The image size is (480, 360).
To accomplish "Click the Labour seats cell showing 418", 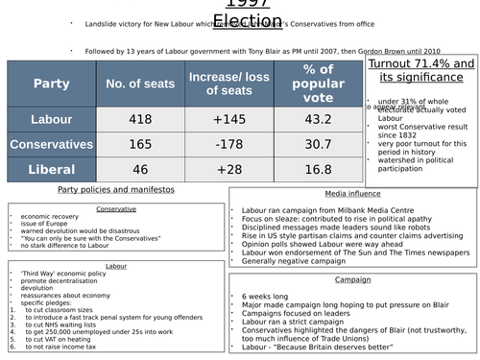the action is [139, 119].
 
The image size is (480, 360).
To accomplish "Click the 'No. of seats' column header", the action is [139, 84].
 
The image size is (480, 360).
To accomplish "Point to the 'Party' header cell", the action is [51, 84].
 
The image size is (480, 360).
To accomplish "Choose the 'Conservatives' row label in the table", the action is [51, 144].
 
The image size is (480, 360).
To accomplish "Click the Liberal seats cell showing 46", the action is [139, 169].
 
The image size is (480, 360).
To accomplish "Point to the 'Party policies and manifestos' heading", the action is [113, 192].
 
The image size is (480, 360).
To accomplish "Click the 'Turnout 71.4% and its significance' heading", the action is [421, 71].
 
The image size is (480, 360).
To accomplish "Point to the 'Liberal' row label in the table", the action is [51, 169].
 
